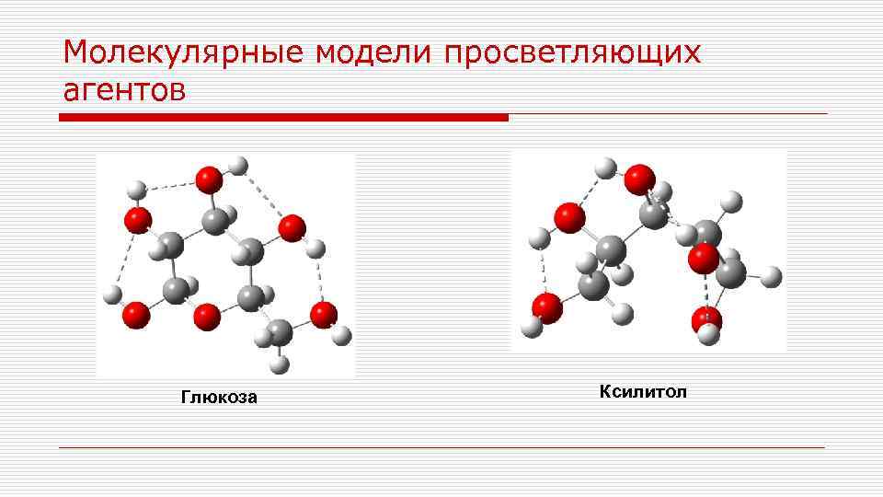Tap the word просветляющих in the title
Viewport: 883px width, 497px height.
(571, 53)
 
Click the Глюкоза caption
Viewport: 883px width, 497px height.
(219, 398)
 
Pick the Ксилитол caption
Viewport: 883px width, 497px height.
(643, 393)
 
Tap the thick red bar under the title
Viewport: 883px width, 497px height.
(283, 118)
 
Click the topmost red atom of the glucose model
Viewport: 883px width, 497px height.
(210, 178)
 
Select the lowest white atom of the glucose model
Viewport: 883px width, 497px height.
(281, 364)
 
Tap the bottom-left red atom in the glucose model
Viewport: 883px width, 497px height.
(136, 315)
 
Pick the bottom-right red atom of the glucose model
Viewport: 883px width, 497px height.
(324, 315)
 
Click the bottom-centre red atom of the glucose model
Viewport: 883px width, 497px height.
(207, 317)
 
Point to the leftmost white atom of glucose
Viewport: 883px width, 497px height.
(112, 295)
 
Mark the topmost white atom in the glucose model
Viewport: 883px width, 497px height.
(238, 166)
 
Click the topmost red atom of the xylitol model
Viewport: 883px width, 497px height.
(639, 179)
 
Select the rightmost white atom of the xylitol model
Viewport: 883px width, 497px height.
(772, 275)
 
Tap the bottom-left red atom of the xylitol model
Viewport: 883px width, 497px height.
(547, 307)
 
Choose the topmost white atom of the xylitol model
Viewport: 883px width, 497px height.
(605, 168)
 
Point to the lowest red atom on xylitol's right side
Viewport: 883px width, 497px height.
(706, 321)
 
